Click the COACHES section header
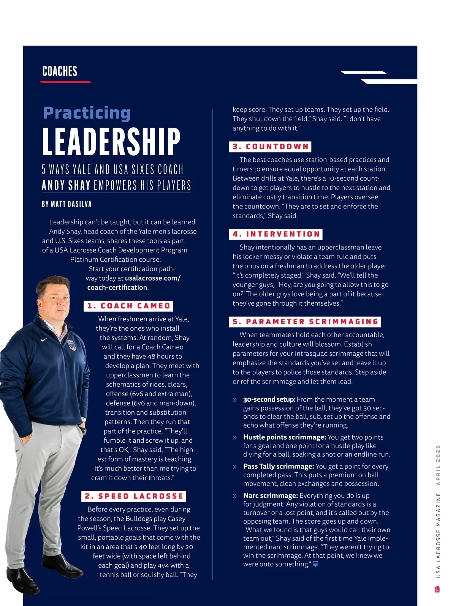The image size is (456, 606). pos(60,71)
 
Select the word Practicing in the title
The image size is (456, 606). pos(87,113)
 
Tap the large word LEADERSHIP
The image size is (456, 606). pos(111,141)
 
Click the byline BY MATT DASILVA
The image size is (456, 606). pos(66,204)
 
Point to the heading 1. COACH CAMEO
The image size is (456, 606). pos(128,306)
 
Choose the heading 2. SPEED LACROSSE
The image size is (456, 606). pos(134,496)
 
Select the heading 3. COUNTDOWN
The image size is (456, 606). pos(271,147)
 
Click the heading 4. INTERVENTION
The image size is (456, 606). pos(276,234)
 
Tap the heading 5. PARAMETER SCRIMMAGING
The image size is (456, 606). pos(305,322)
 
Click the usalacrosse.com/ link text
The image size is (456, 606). pos(152,278)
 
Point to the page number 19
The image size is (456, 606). pos(437,589)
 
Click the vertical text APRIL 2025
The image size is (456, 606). pos(438,465)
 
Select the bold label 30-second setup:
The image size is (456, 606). pos(269,399)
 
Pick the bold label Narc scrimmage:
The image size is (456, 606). pos(270,496)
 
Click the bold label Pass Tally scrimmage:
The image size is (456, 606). pos(279,466)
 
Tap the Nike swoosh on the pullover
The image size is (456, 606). pos(44,339)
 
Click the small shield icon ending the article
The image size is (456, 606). pos(315,564)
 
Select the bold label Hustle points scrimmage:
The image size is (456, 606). pos(284,437)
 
